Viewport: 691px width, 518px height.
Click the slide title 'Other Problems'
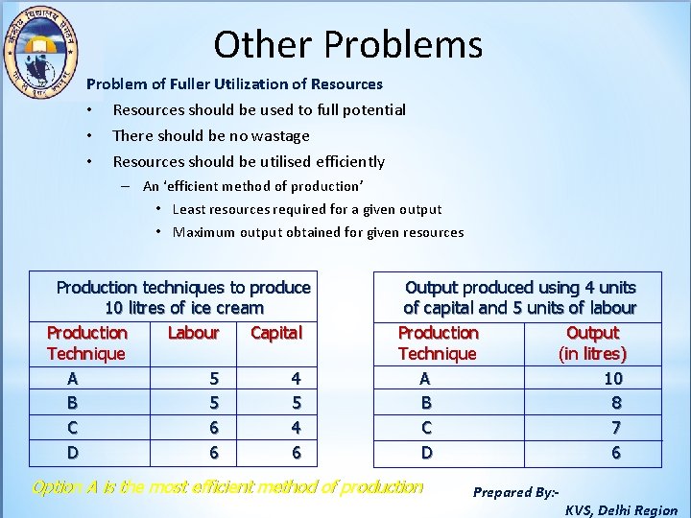click(347, 44)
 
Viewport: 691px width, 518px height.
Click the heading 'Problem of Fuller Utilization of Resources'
click(234, 84)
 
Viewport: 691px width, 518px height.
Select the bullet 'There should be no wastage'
click(211, 136)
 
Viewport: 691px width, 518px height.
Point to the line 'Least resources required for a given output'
click(307, 209)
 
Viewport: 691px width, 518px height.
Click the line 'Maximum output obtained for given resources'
click(318, 232)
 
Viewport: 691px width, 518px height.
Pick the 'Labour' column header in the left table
click(193, 333)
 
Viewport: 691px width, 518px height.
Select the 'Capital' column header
click(275, 333)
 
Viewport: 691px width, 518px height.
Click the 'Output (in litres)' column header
click(592, 343)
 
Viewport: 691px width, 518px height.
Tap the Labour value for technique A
click(214, 379)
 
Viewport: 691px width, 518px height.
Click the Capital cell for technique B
click(296, 403)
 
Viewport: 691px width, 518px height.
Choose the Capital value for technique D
click(296, 452)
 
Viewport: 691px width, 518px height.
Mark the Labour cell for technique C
click(214, 428)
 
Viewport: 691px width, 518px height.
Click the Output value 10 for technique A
click(613, 379)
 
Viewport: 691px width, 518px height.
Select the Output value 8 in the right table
click(616, 403)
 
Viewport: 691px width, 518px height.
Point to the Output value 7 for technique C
click(616, 428)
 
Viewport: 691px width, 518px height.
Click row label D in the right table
click(427, 452)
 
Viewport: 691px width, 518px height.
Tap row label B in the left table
click(73, 403)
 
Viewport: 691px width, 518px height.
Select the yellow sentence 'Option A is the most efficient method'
click(227, 487)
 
